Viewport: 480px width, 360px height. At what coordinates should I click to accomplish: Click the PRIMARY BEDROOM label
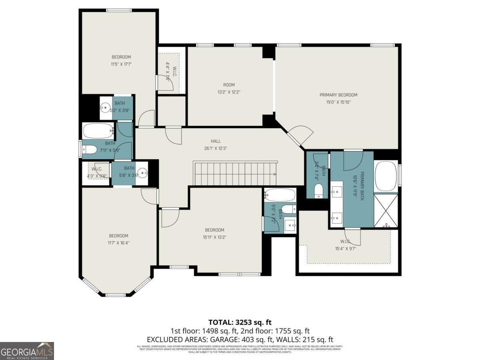click(338, 95)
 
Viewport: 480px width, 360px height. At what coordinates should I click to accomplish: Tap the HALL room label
click(216, 141)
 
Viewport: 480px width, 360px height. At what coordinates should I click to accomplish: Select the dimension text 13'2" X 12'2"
click(229, 92)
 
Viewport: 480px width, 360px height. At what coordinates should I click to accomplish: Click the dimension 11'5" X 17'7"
click(121, 64)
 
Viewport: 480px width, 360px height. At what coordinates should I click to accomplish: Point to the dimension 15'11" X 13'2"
click(214, 237)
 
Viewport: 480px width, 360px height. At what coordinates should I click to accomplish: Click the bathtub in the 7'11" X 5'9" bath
click(98, 130)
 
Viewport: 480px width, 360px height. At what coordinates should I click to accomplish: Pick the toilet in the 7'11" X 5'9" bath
click(89, 150)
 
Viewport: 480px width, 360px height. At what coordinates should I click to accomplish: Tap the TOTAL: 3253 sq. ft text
click(240, 322)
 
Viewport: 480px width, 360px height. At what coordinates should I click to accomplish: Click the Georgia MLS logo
click(27, 351)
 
